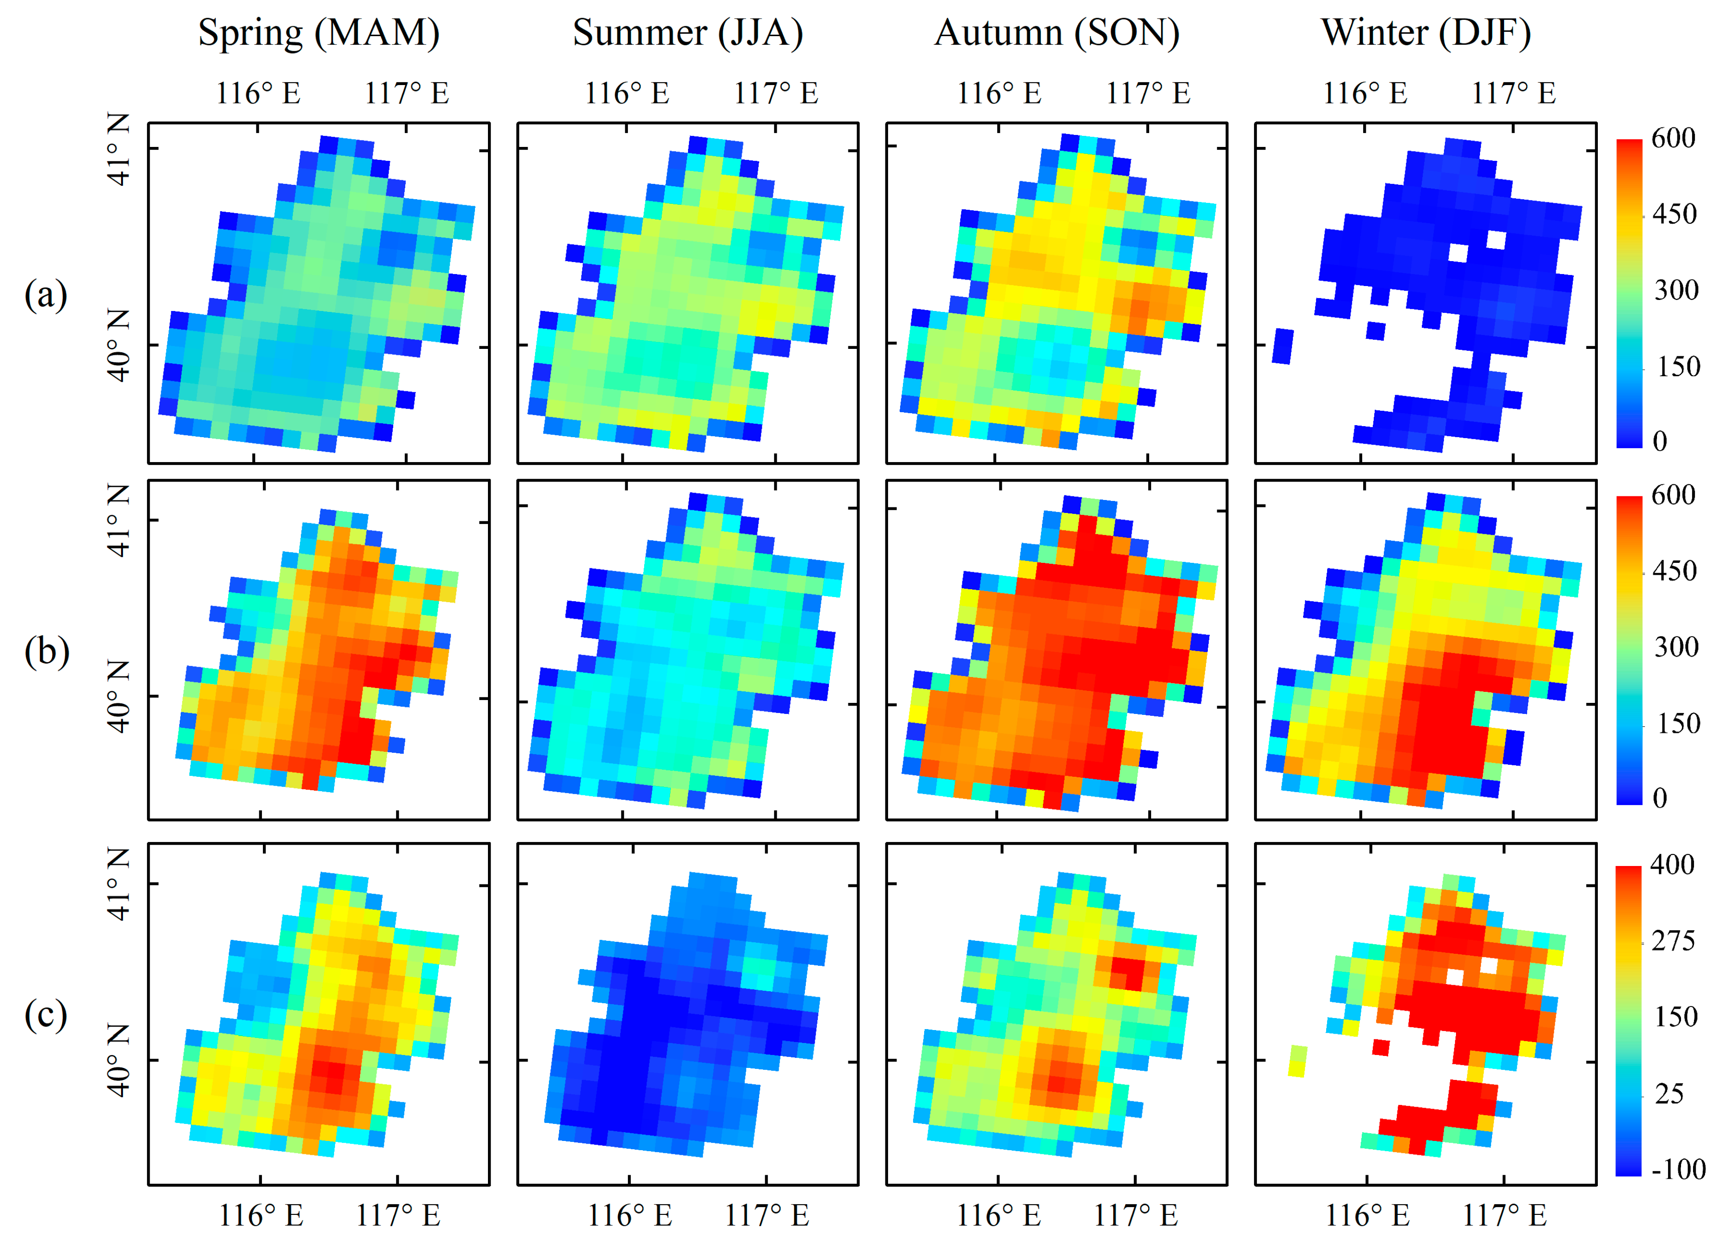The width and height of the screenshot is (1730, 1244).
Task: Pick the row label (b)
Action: [x=46, y=652]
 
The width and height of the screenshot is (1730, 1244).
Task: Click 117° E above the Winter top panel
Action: [x=1513, y=93]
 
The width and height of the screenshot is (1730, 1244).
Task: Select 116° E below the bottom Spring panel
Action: [x=261, y=1215]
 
